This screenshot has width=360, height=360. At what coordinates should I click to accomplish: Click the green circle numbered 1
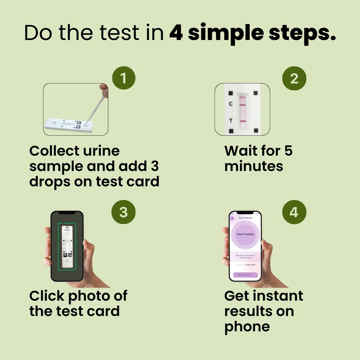(x=124, y=78)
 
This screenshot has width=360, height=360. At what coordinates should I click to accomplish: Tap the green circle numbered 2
(x=294, y=79)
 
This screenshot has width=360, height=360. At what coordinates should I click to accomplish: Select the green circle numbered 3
(x=124, y=212)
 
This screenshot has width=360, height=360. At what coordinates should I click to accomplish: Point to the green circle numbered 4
(x=294, y=212)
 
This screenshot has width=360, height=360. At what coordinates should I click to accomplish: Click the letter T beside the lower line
(x=231, y=121)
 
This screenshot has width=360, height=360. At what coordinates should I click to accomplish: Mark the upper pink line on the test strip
(x=242, y=105)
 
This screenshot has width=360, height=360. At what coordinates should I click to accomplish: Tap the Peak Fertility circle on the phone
(x=245, y=234)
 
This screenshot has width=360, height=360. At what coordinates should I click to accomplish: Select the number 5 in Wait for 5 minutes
(x=288, y=151)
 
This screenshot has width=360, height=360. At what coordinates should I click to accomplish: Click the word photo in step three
(x=91, y=296)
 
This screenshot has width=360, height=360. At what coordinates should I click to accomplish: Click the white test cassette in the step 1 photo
(x=68, y=125)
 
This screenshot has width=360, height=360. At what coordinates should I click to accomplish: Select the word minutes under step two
(x=254, y=166)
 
